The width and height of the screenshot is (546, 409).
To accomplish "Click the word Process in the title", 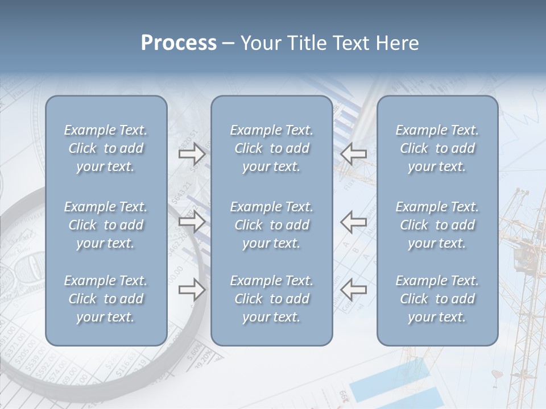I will (179, 43).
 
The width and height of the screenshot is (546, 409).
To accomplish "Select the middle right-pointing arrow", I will (192, 222).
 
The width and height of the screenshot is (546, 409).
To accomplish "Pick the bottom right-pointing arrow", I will (192, 290).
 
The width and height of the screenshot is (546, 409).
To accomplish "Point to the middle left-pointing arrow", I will (354, 222).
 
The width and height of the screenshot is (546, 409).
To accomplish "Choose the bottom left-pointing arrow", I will (354, 290).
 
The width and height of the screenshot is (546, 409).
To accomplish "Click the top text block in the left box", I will (106, 148).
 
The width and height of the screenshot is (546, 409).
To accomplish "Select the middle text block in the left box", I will (106, 225).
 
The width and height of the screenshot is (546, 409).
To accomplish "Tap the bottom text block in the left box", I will (106, 299).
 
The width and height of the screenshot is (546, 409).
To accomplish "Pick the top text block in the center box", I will (272, 148).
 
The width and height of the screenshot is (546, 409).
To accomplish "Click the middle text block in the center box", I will (272, 225).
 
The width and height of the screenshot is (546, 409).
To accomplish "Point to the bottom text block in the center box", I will (272, 299).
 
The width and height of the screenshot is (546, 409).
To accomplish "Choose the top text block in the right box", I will (437, 148).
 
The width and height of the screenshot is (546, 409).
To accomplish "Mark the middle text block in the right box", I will (437, 225).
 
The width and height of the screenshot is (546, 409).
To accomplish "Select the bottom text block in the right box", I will (437, 299).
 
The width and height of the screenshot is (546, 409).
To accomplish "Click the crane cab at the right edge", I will (522, 258).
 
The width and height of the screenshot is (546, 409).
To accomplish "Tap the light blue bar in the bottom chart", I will (392, 381).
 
